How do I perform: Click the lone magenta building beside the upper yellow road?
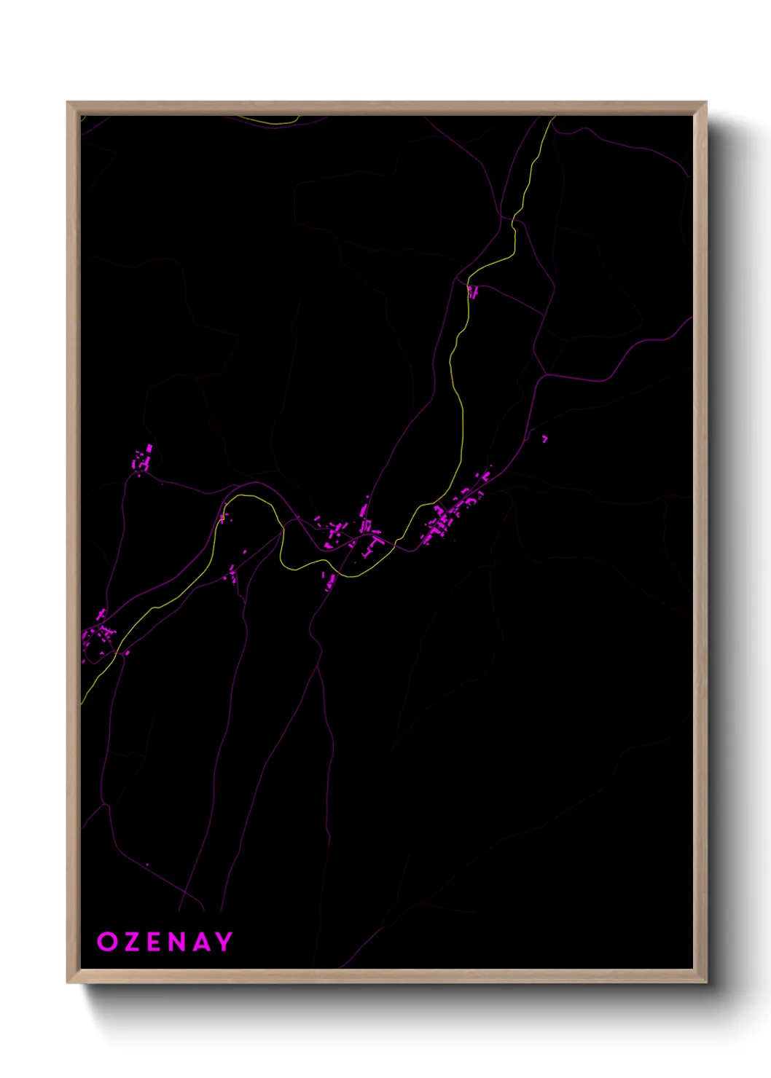coord(472,292)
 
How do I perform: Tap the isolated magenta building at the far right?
coord(544,438)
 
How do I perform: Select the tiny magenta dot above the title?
coord(147,865)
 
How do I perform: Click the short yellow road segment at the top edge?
coord(270,121)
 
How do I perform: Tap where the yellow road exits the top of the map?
coord(552,117)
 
